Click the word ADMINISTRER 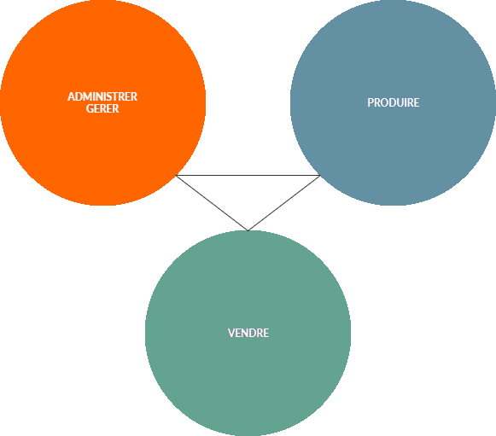click(102, 96)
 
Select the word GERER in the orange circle click(102, 108)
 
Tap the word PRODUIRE click(394, 102)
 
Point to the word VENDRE click(248, 333)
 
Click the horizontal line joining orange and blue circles click(248, 175)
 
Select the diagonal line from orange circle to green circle click(212, 203)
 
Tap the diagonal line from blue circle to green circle click(284, 203)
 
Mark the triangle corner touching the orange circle click(176, 175)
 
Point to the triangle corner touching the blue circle click(320, 175)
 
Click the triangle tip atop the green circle click(248, 230)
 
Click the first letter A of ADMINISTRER click(71, 96)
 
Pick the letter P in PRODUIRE click(371, 102)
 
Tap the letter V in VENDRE click(231, 333)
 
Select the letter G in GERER click(90, 108)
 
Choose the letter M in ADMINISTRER click(86, 96)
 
